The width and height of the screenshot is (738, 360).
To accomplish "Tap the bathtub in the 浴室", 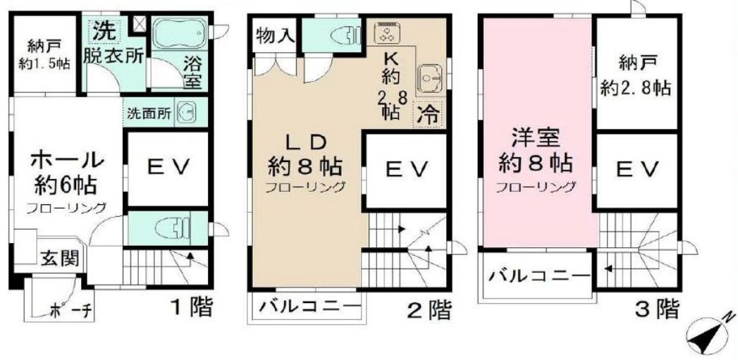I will point(178,32).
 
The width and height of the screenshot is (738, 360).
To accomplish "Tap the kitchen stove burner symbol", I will point(387,32).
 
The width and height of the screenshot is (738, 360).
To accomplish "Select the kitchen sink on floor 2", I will point(428,77).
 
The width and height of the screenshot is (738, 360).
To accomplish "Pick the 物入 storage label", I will point(273,36).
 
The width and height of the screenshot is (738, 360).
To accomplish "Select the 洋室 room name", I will point(536,136).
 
